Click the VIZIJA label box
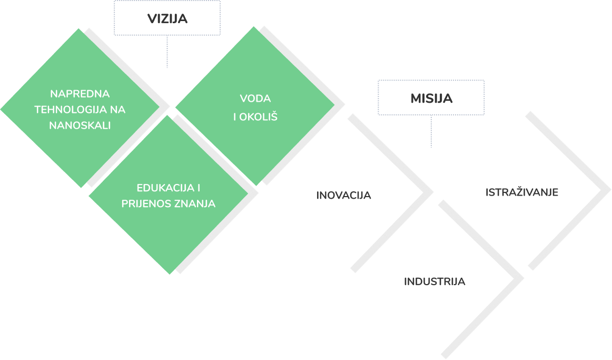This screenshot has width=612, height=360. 167,18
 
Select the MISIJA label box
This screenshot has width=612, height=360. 431,98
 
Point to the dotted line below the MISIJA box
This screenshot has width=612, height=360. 431,131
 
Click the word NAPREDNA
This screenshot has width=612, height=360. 80,94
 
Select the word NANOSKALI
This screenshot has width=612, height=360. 80,125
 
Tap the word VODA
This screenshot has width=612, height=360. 255,99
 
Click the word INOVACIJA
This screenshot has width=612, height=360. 343,195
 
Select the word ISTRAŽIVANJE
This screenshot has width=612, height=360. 521,192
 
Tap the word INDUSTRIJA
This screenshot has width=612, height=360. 435,281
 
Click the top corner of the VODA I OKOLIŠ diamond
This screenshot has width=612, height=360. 255,27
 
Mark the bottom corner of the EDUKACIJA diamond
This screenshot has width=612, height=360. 169,274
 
